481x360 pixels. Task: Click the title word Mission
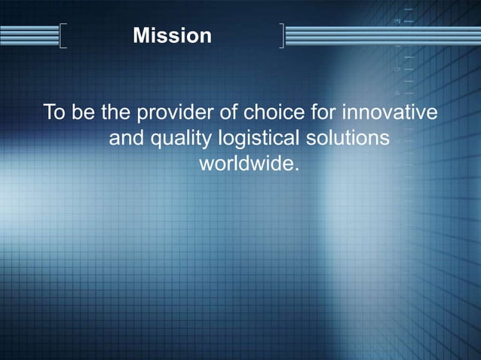(x=172, y=35)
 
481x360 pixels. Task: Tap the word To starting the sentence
(x=54, y=114)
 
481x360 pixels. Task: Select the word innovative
(x=391, y=114)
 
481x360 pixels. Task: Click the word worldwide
(x=246, y=163)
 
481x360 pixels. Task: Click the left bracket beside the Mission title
(x=62, y=35)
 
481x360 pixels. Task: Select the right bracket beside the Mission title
(x=282, y=35)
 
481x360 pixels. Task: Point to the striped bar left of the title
(x=29, y=35)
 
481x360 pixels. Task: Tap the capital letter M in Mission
(x=139, y=35)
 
